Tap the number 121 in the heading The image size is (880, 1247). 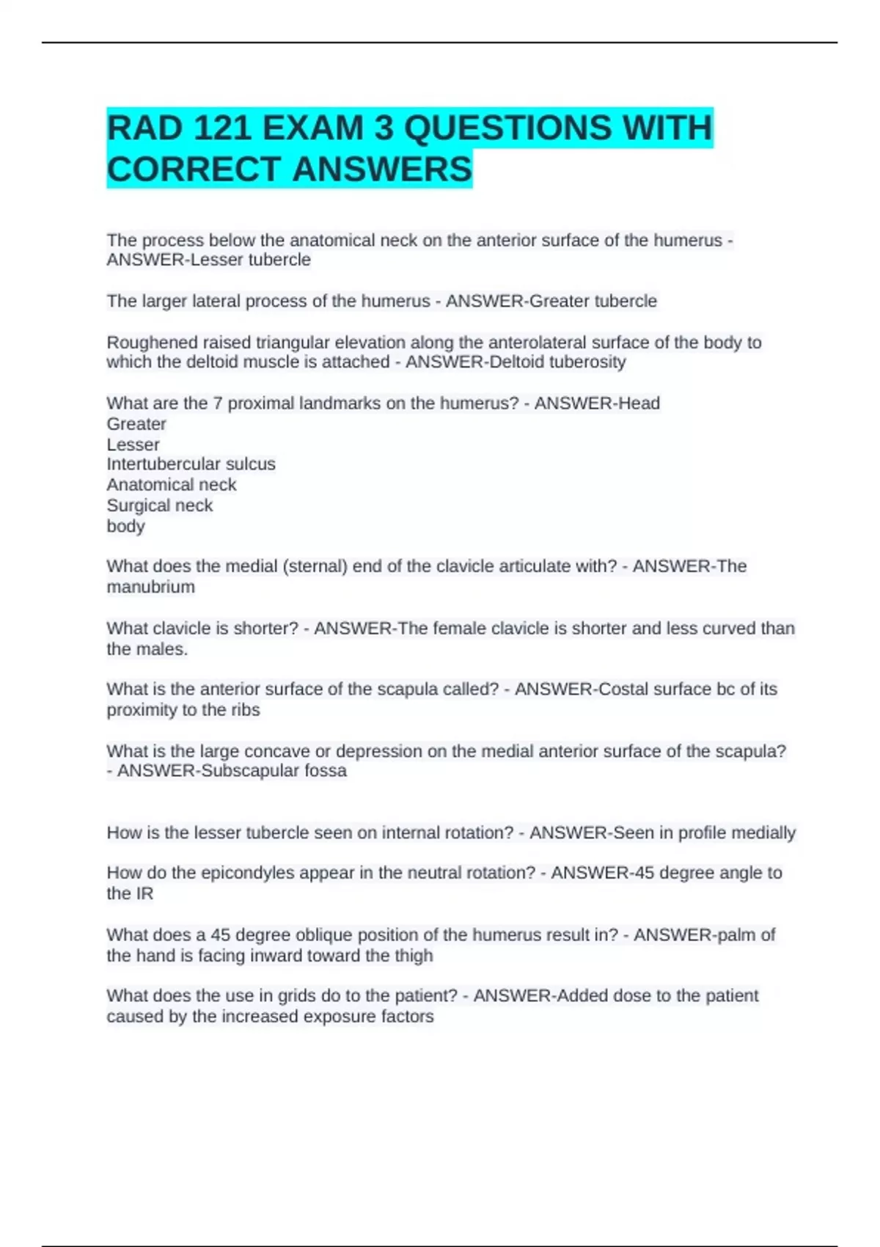(x=219, y=128)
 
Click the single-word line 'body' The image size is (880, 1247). (x=125, y=526)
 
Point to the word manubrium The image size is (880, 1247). (x=150, y=587)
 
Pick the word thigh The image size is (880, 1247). (x=414, y=956)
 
